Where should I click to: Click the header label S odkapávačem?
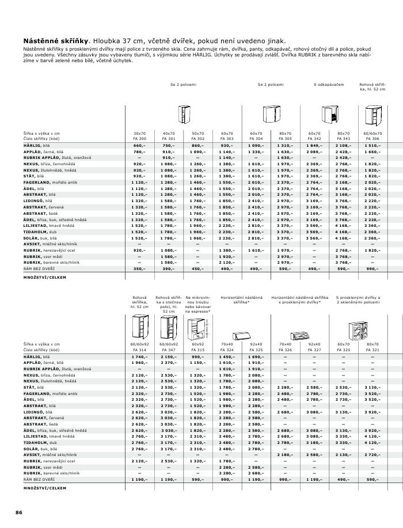[x=329, y=85]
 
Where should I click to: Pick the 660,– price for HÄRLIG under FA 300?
[x=139, y=146]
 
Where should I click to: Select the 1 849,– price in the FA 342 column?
[x=314, y=146]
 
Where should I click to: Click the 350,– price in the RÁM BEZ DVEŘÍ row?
[x=139, y=268]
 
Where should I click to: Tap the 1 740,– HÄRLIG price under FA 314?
[x=139, y=358]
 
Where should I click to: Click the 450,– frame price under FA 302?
[x=198, y=268]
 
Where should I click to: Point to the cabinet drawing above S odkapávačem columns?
[x=329, y=115]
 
